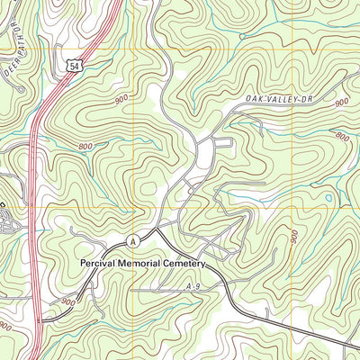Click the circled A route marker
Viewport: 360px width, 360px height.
(132, 240)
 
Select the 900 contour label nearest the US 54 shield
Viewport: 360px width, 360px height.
(122, 100)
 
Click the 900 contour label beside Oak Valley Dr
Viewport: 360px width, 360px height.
(340, 103)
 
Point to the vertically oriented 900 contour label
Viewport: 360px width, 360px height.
(296, 237)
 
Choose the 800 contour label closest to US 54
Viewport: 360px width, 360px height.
(86, 145)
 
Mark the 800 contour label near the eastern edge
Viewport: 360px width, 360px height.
(341, 137)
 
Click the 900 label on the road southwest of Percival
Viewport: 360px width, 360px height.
(68, 302)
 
